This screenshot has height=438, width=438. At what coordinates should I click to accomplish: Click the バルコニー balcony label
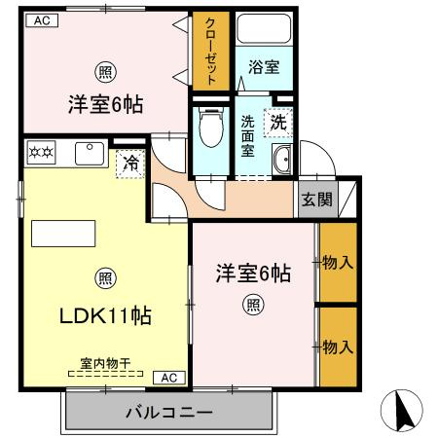[168, 412]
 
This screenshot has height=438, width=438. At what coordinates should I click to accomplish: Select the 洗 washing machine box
[278, 124]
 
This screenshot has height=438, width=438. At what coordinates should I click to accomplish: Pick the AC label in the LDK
[167, 377]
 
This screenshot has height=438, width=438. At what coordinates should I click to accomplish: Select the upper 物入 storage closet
[337, 262]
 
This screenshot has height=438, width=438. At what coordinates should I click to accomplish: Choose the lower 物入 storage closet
[337, 346]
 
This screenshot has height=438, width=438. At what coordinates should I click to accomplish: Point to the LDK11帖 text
[104, 315]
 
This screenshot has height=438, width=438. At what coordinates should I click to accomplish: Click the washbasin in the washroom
[281, 162]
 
